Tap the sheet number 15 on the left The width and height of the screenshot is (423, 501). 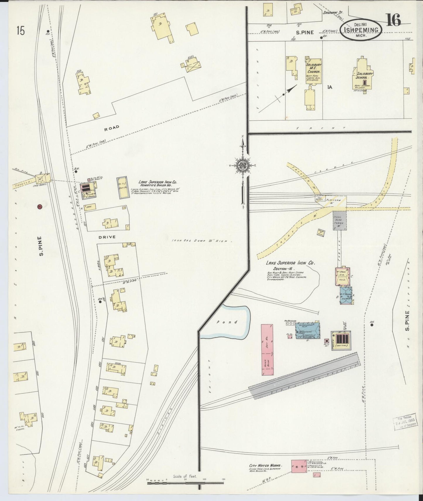tap(20, 30)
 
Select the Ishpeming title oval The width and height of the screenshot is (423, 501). tap(363, 30)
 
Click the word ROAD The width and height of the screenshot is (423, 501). tap(112, 127)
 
